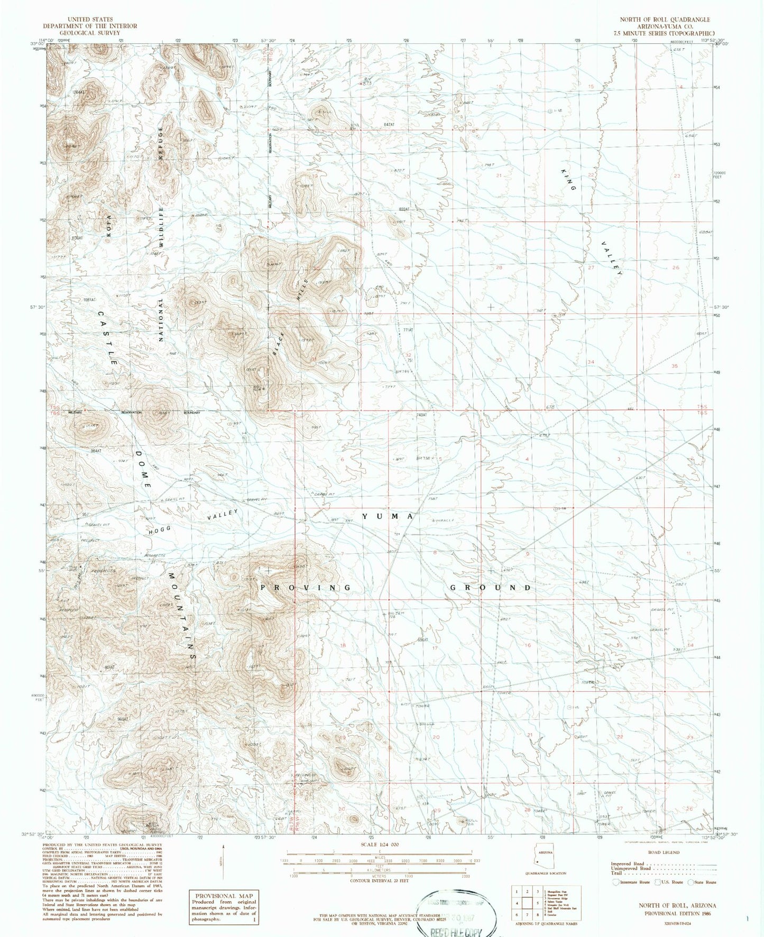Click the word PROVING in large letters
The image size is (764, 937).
[305, 588]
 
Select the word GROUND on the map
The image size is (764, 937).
[491, 588]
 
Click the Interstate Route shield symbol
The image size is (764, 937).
[616, 882]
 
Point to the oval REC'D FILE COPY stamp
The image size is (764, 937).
[457, 914]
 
